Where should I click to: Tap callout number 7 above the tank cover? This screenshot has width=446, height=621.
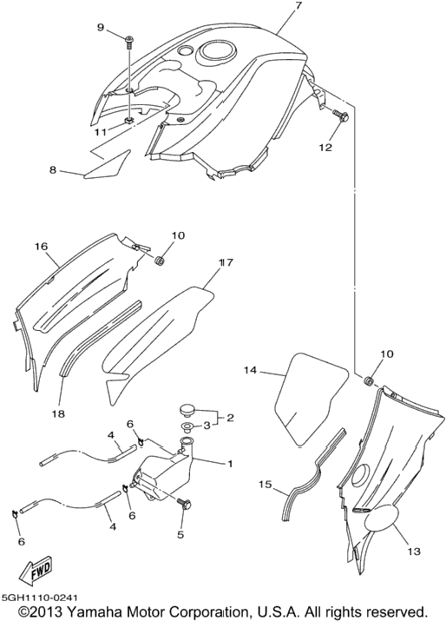tap(298, 5)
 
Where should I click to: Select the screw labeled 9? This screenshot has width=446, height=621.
tap(129, 42)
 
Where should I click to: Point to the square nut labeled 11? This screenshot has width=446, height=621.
tap(128, 121)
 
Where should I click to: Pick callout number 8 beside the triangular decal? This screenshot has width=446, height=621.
tap(53, 170)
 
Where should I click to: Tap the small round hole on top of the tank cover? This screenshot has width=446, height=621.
tap(184, 50)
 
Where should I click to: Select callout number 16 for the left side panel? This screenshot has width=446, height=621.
tap(41, 247)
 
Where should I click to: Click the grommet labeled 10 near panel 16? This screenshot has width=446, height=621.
tap(159, 261)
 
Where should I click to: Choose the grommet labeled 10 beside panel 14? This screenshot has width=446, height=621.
tap(369, 381)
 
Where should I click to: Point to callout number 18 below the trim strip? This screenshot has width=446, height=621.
tap(58, 414)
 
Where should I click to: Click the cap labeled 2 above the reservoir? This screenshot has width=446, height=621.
tap(186, 409)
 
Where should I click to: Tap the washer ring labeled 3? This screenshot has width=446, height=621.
tap(186, 427)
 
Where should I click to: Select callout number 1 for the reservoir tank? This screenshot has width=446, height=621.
tap(230, 464)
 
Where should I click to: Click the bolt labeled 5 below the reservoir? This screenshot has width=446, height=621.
tap(184, 504)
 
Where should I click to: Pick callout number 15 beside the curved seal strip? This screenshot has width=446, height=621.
tap(266, 485)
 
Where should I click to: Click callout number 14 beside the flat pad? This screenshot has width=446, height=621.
tap(250, 370)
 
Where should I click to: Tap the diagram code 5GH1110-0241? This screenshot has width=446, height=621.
tap(40, 598)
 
